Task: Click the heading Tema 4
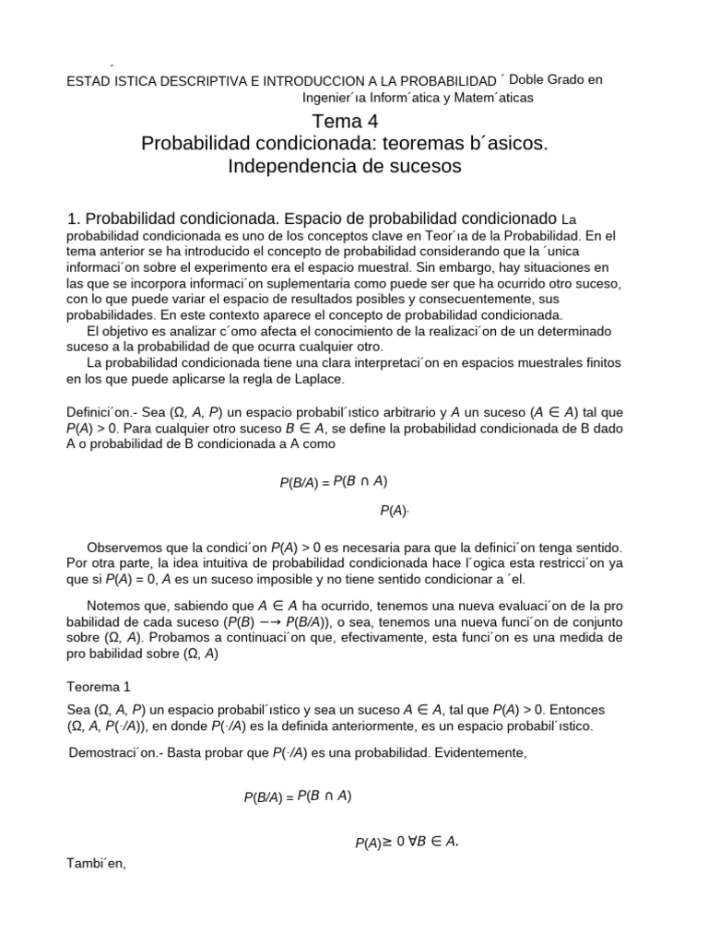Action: (x=345, y=122)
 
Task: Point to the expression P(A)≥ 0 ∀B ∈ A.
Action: (x=407, y=842)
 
